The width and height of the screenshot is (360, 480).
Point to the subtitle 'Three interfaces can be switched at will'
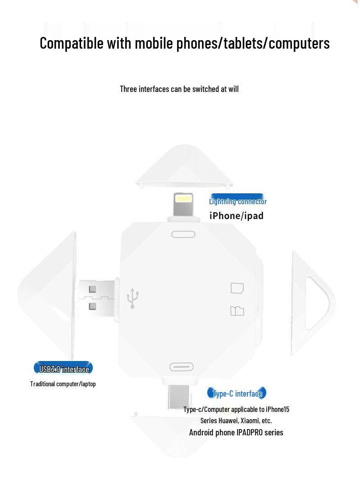coord(179,89)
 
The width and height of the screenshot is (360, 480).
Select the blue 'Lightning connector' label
coord(237,201)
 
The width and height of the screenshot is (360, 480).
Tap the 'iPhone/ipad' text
coord(237,216)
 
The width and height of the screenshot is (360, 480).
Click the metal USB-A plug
coord(96,297)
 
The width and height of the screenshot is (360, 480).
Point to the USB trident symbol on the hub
coord(133,298)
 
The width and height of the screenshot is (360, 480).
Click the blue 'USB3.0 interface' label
coord(64,369)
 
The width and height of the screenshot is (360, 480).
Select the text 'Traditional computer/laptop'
coord(63,384)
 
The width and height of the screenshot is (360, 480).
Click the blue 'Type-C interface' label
coord(237,393)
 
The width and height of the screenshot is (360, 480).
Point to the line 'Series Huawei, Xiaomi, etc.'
coord(236,421)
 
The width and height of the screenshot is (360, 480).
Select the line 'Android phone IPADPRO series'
coord(236,433)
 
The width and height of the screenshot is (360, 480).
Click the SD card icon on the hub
coord(237,288)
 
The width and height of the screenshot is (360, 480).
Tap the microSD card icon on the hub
coord(237,311)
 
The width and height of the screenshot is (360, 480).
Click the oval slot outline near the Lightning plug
coord(183,234)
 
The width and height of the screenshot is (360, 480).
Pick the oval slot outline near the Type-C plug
coord(181,367)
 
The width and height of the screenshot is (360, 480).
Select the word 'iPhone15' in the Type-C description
coord(278,409)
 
